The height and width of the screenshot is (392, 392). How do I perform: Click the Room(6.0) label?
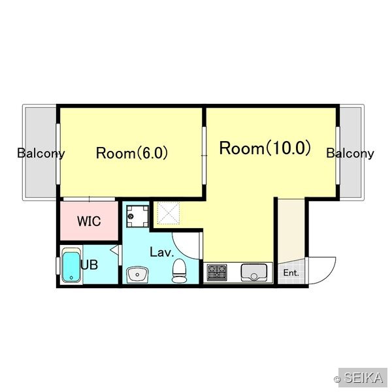[132, 153]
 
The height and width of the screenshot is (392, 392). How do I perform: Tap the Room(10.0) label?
[265, 148]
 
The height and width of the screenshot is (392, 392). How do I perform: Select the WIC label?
[89, 221]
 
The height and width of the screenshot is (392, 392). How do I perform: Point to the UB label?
[90, 265]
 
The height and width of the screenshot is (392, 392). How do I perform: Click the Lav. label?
[162, 252]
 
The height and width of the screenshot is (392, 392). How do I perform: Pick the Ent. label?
[291, 272]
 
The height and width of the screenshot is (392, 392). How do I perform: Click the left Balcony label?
[41, 154]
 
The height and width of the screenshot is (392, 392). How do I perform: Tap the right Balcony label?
[350, 154]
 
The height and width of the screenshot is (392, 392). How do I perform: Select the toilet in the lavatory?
[179, 270]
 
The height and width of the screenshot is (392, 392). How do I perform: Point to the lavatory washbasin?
[137, 274]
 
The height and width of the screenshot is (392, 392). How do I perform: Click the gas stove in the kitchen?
[217, 272]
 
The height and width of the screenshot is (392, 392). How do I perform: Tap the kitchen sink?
[253, 272]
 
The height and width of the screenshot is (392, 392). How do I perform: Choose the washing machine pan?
[137, 216]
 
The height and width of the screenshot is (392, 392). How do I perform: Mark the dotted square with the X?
[169, 213]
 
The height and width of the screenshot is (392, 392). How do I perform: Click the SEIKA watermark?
[363, 378]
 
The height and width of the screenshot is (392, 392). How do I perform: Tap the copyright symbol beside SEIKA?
[337, 380]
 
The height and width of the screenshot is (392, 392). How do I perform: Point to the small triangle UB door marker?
[114, 250]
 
